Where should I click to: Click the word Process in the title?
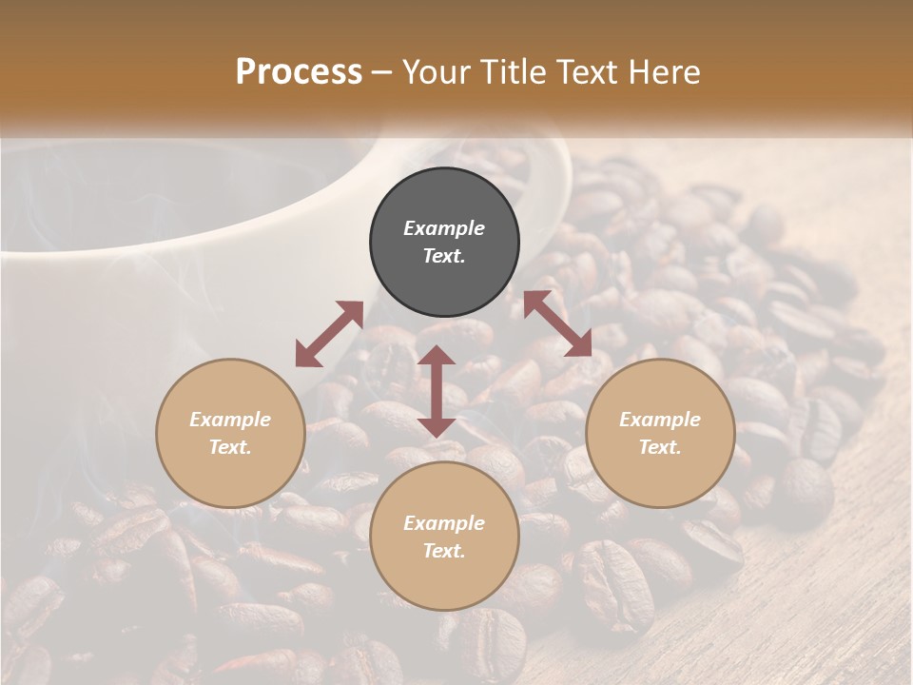click(x=299, y=72)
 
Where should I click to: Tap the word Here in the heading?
click(x=661, y=72)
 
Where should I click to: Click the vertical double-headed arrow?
click(x=437, y=392)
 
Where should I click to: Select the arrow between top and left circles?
click(x=329, y=334)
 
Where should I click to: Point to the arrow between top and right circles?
click(x=557, y=323)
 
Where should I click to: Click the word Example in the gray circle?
click(x=444, y=228)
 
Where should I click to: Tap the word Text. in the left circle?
click(x=230, y=447)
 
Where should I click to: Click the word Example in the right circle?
click(x=660, y=420)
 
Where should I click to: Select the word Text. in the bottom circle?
click(x=444, y=551)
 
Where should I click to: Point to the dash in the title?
click(x=381, y=73)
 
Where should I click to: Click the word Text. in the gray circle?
click(x=444, y=256)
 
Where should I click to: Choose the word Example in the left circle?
click(x=230, y=420)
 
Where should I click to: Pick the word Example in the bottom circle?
click(x=444, y=523)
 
